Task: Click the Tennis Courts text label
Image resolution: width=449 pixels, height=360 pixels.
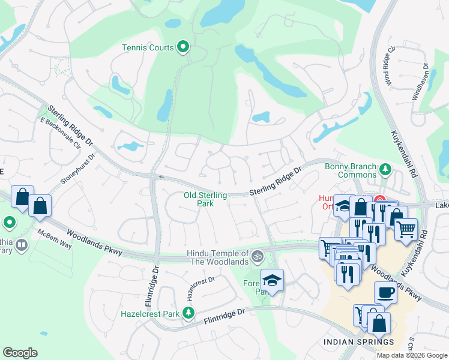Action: (148, 47)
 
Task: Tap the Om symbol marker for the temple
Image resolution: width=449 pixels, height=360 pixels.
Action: (258, 256)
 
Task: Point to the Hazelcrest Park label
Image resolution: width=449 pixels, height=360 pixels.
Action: (150, 313)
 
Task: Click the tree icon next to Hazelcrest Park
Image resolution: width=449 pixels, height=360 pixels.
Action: (188, 313)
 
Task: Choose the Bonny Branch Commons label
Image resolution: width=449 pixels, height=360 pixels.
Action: (350, 171)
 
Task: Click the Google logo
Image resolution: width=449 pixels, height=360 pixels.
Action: (20, 353)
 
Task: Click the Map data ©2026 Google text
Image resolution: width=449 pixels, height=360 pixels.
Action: (411, 355)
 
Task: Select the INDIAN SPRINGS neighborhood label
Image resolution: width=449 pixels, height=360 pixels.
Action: (359, 342)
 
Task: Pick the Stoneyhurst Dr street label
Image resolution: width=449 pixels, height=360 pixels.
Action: (75, 172)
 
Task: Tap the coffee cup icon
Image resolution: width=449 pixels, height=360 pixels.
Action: (385, 292)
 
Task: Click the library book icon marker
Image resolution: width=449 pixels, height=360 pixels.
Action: (21, 245)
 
